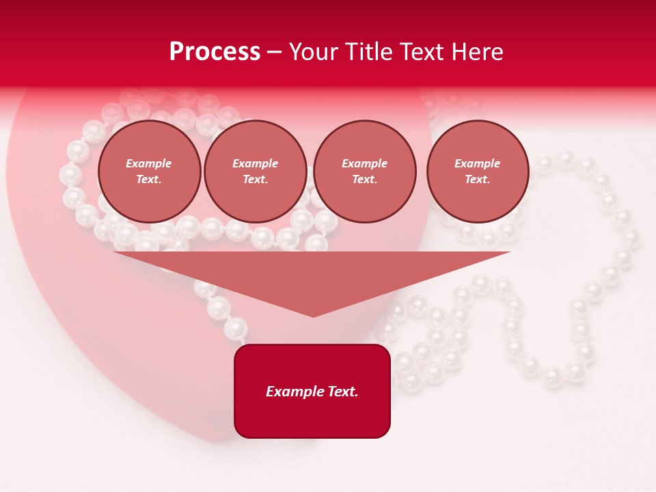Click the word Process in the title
click(x=215, y=52)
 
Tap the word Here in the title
click(x=478, y=52)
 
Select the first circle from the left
click(x=149, y=172)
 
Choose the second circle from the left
click(x=255, y=172)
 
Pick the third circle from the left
click(x=364, y=172)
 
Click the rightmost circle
click(x=477, y=172)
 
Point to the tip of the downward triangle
click(x=313, y=316)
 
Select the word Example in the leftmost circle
click(x=149, y=164)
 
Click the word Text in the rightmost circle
click(x=477, y=180)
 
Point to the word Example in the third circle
click(x=364, y=164)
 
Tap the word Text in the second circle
click(x=255, y=180)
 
